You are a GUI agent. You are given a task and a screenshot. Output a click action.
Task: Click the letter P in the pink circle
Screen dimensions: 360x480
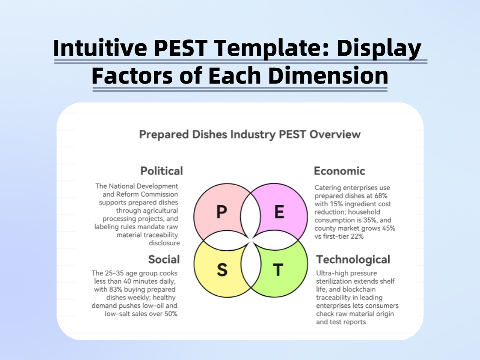(221, 212)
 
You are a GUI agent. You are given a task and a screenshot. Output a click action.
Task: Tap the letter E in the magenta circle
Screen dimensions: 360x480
(279, 212)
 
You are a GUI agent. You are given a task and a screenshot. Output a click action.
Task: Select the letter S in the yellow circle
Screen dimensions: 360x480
(222, 270)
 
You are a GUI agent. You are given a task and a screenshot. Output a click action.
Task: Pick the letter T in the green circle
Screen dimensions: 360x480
(278, 270)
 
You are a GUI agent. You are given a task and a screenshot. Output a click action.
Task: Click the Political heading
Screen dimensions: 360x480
(162, 171)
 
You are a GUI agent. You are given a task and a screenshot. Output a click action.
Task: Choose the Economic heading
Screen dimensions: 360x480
(339, 171)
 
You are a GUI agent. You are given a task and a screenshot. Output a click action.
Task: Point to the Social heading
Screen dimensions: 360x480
(164, 259)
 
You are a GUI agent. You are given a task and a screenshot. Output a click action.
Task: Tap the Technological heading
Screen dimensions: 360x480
(353, 259)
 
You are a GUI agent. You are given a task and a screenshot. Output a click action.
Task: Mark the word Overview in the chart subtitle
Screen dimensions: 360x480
(336, 135)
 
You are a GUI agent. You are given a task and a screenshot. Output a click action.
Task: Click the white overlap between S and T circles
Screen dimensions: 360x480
(250, 270)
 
